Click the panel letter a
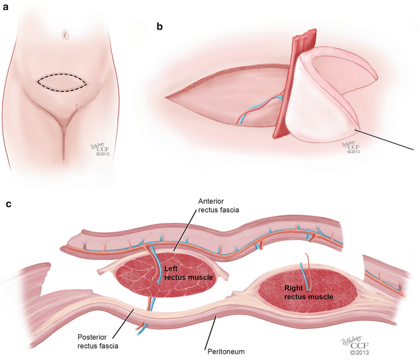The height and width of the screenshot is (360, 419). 7,8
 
